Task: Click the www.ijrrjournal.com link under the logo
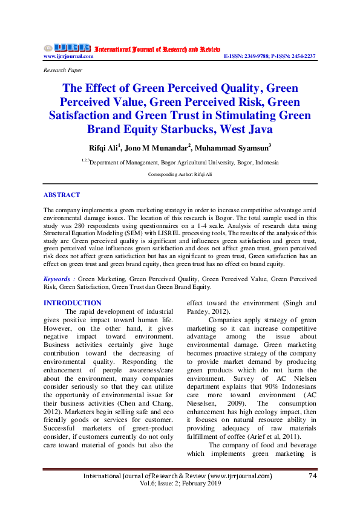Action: pyautogui.click(x=68, y=56)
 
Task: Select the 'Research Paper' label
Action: pyautogui.click(x=62, y=71)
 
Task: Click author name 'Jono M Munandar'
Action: pyautogui.click(x=165, y=149)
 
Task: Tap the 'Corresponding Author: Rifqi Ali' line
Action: pyautogui.click(x=180, y=174)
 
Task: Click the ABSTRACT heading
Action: pyautogui.click(x=62, y=195)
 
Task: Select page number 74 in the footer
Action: pyautogui.click(x=313, y=476)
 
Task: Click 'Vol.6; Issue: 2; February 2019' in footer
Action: pyautogui.click(x=180, y=484)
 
